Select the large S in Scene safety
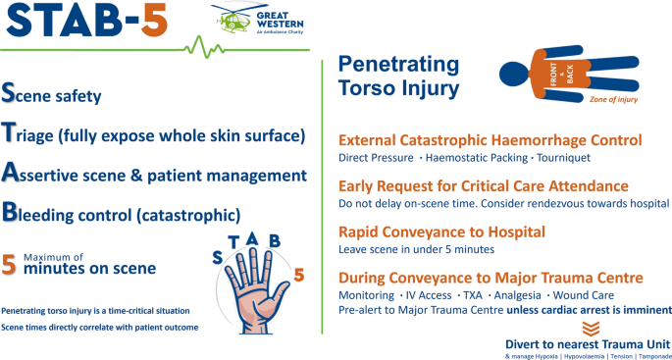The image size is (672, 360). click(x=8, y=93)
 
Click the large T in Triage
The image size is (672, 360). click(x=9, y=132)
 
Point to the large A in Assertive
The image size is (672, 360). click(x=9, y=173)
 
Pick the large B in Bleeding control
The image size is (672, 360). click(x=9, y=212)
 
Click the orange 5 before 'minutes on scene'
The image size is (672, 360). click(x=9, y=265)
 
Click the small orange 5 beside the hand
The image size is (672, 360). click(x=298, y=276)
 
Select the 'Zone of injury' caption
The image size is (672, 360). click(x=613, y=100)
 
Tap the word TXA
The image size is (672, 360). click(x=473, y=295)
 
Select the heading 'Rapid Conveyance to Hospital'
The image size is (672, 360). click(x=441, y=231)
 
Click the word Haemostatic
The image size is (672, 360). click(x=455, y=158)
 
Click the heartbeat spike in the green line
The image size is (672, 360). click(x=204, y=47)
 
